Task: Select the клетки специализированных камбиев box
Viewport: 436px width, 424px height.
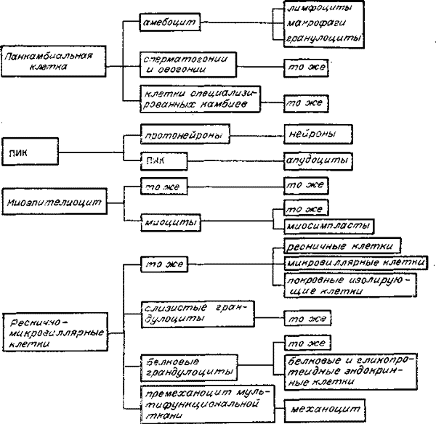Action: (189, 99)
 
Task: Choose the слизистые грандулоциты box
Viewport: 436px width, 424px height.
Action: (194, 314)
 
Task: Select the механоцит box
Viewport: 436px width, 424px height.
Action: (318, 407)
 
